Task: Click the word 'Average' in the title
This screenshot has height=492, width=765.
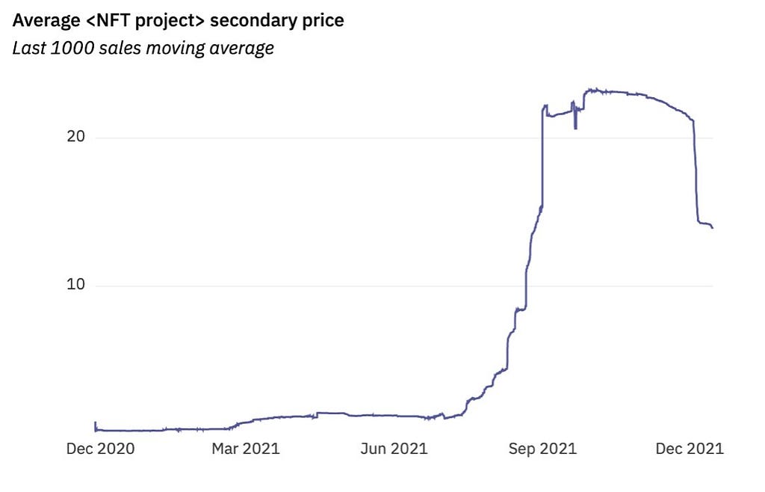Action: coord(46,20)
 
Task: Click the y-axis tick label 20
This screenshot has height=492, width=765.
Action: coord(77,138)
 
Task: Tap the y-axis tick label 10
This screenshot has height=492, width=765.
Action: coord(77,286)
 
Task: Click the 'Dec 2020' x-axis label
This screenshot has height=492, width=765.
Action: coord(100,449)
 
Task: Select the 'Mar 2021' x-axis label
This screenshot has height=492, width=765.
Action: coord(245,449)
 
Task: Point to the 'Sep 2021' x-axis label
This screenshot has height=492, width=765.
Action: coord(542,449)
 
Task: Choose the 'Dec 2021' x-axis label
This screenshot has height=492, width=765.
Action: coord(690,449)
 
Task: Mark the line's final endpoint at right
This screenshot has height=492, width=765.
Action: coord(712,227)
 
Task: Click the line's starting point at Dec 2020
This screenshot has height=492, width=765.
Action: coord(95,423)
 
